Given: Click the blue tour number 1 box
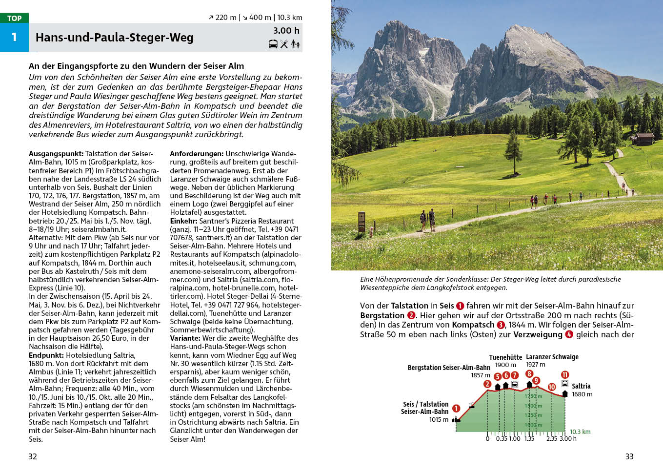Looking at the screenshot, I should coord(14,37).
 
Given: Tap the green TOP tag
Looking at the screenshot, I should coord(14,18).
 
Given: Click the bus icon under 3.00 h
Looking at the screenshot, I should coord(273,44).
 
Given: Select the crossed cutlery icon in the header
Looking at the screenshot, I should coord(284,44).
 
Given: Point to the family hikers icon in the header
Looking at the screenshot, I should coord(295,44).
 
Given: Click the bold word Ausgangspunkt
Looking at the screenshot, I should coord(56,154).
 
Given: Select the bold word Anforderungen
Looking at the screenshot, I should coord(197,154).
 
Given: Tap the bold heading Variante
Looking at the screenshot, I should coord(185,338).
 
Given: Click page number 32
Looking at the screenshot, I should coord(33,456).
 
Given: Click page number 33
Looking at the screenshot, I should coord(629,456).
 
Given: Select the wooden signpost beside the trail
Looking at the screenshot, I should coord(362,222).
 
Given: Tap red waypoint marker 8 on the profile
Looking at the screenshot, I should coord(529,374).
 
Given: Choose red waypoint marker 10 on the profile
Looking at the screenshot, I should coord(552,387).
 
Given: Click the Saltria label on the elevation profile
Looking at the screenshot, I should coord(581,386).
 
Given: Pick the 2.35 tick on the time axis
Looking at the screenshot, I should coord(552,439).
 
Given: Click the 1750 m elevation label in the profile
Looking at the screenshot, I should coord(533,396).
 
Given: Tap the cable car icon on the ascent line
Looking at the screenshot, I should coord(472,405).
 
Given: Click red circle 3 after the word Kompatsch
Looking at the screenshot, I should coord(501,325).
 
